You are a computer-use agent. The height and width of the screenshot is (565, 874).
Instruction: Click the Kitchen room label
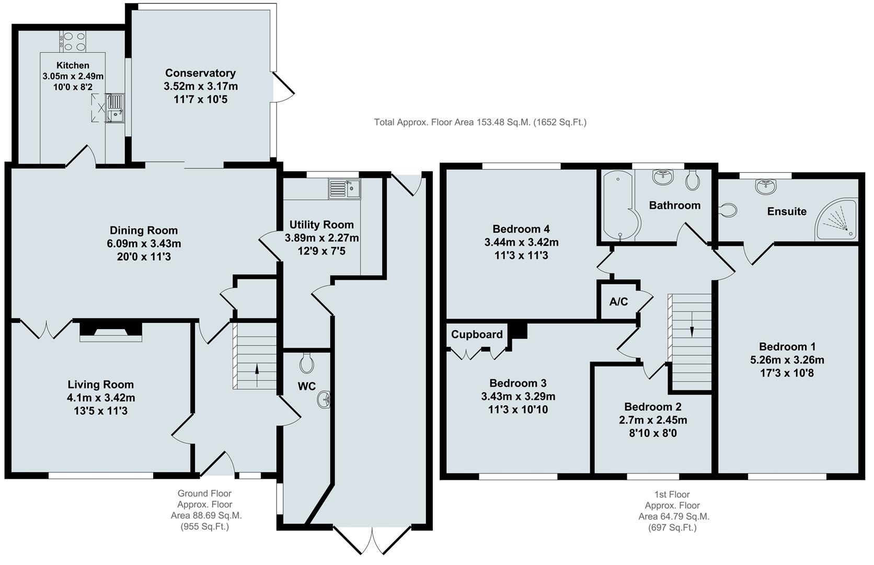click(x=73, y=65)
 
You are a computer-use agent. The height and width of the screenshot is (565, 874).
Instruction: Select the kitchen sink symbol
click(x=115, y=108)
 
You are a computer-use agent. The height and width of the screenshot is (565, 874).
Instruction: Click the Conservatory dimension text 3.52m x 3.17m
click(x=200, y=86)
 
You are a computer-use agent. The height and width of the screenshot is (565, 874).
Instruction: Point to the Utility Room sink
click(x=344, y=188)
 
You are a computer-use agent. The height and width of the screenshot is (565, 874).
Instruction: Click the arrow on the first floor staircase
click(x=692, y=331)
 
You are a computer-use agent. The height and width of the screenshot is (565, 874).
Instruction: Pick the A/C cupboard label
click(x=618, y=302)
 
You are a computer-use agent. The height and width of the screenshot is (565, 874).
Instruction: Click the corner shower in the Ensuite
click(x=838, y=220)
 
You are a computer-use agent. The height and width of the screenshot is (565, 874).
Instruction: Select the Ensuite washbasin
click(x=765, y=186)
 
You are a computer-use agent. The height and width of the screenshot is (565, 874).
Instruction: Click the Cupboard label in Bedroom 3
click(x=477, y=334)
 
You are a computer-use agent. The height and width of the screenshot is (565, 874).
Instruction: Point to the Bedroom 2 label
click(x=652, y=406)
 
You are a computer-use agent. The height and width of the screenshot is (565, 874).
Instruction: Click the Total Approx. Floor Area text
click(x=480, y=122)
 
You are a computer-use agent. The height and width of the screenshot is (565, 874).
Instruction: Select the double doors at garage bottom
click(x=372, y=539)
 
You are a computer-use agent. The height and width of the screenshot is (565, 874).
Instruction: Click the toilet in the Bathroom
click(x=693, y=180)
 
